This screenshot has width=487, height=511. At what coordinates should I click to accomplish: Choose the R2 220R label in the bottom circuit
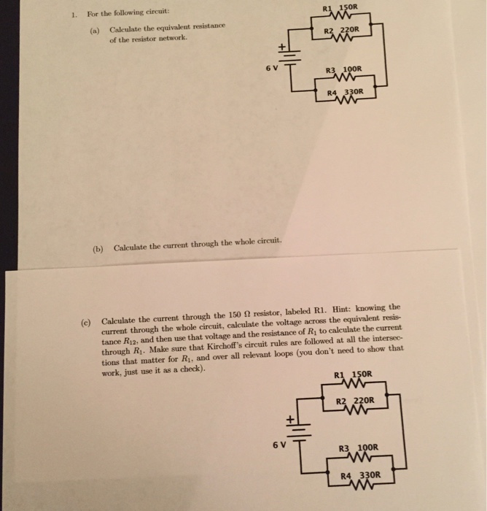356,401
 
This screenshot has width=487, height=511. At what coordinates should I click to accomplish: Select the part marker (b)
98,247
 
